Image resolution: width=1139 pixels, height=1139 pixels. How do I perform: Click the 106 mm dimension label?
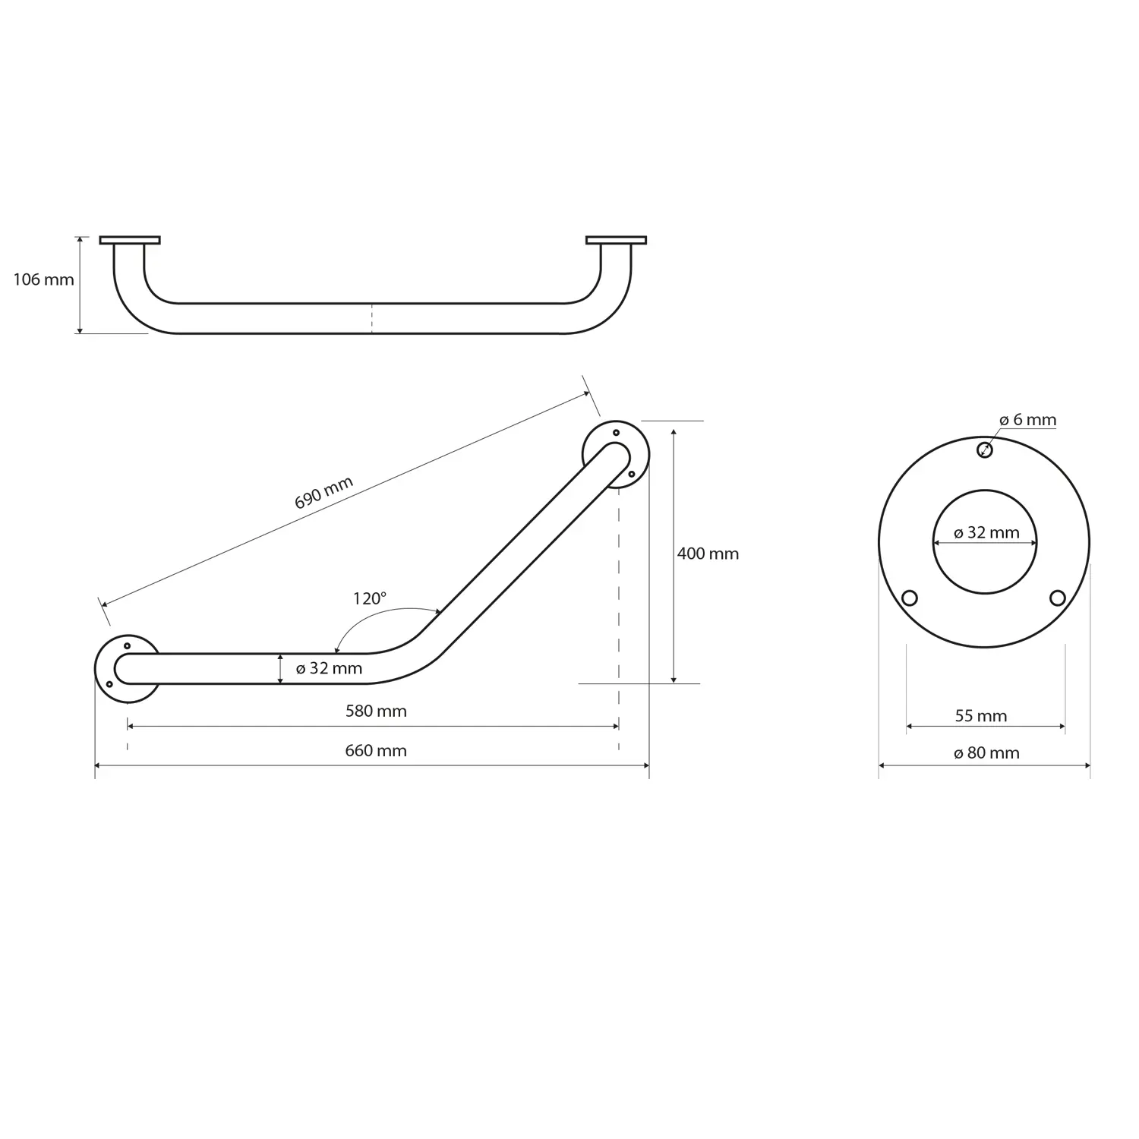pyautogui.click(x=43, y=279)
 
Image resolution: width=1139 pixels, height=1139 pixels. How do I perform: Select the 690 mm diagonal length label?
pyautogui.click(x=324, y=493)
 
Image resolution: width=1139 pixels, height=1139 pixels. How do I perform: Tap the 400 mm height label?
pyautogui.click(x=708, y=554)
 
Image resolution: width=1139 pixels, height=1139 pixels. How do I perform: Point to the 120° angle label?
pyautogui.click(x=370, y=598)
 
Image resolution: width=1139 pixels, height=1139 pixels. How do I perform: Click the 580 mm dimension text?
pyautogui.click(x=376, y=711)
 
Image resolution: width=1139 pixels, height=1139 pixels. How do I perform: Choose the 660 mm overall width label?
pyautogui.click(x=376, y=750)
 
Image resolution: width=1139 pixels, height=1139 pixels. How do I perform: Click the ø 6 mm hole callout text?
pyautogui.click(x=1027, y=419)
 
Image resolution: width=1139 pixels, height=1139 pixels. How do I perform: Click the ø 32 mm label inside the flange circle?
pyautogui.click(x=986, y=532)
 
